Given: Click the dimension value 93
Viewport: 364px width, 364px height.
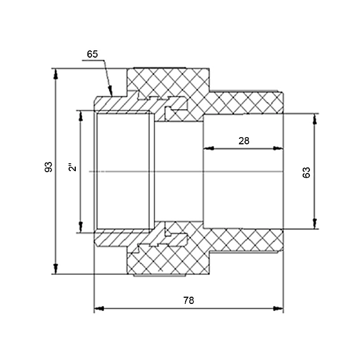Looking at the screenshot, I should [x=49, y=166].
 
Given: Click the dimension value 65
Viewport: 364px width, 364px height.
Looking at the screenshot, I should [x=92, y=54].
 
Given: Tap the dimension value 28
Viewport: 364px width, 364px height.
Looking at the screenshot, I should [x=244, y=140].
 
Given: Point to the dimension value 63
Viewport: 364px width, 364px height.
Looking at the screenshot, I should [x=306, y=172].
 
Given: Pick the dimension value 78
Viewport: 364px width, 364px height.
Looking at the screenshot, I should [x=189, y=301].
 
